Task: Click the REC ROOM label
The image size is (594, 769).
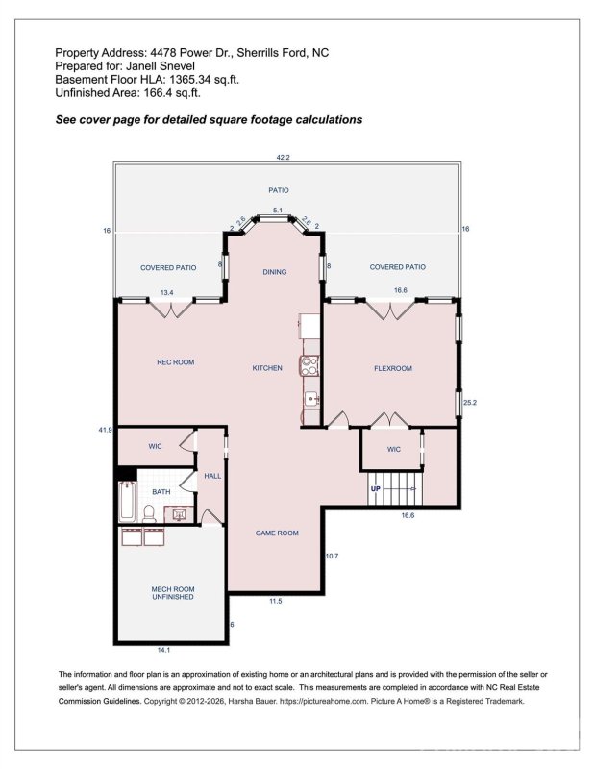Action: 176,362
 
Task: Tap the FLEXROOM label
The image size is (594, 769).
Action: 392,368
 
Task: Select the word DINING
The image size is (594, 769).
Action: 275,272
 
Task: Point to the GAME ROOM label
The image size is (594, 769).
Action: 276,533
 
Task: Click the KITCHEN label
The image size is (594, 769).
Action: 267,368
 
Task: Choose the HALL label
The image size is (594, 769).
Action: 212,476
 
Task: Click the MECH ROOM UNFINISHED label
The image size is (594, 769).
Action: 173,592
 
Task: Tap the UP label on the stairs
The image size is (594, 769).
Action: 376,488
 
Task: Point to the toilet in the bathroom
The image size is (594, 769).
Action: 150,513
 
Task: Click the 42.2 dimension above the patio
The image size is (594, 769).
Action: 283,157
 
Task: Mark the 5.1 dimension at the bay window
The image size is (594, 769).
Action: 277,210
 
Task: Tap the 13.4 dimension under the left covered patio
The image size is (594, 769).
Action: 166,293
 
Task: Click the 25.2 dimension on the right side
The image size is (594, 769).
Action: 470,403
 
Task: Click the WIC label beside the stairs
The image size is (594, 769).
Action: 393,449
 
